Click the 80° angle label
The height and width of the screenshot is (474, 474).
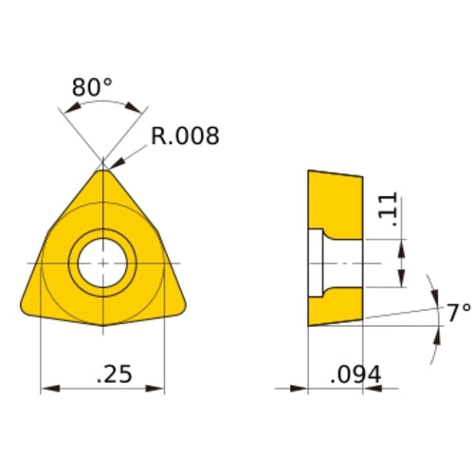point(92,87)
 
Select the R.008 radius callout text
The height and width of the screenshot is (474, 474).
point(185,137)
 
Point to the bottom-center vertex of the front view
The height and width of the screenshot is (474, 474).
point(102,329)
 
